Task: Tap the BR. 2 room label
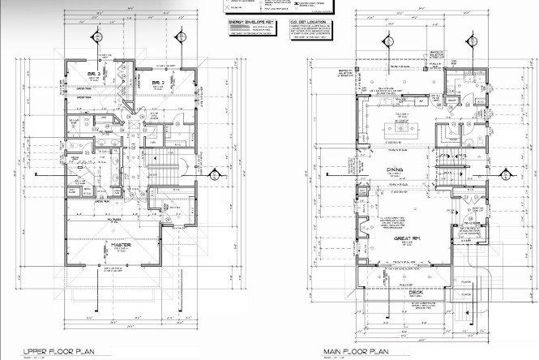click(x=159, y=84)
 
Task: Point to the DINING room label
click(x=396, y=169)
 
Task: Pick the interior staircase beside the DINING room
click(x=448, y=171)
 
